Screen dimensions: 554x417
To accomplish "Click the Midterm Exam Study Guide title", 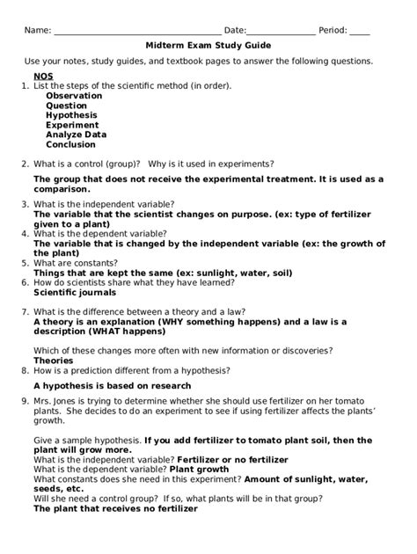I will [x=208, y=45].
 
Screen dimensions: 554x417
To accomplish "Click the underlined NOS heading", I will [x=43, y=77].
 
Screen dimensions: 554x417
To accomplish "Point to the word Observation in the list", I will [x=75, y=96].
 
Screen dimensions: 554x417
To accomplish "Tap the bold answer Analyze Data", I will [x=77, y=135].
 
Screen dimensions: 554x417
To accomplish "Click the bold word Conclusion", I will [x=71, y=144].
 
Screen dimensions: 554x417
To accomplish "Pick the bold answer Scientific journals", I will [x=75, y=292].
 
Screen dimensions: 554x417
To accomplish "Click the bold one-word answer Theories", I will [x=54, y=360].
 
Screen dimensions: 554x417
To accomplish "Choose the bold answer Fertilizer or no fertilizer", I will [x=233, y=459].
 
